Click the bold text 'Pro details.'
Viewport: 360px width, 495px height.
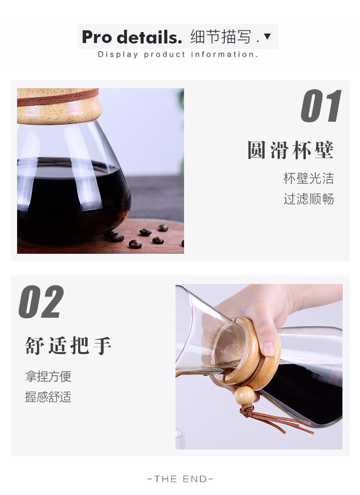coord(132,37)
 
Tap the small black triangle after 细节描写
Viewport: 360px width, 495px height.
coord(267,36)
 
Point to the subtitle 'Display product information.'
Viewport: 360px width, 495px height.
coord(178,54)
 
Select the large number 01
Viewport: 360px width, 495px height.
coord(321,106)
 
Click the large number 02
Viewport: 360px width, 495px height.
coord(41,302)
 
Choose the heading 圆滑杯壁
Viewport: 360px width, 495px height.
coord(290,150)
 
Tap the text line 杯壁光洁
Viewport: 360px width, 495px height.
coord(309,178)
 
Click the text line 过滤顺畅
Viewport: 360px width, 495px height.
coord(309,199)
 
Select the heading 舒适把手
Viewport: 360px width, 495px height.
coord(68,346)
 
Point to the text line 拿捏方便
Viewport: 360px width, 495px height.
coord(48,376)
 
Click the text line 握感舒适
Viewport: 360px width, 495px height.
coord(48,397)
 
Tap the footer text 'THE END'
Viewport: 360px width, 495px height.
coord(180,479)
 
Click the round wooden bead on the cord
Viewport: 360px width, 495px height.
coord(244,395)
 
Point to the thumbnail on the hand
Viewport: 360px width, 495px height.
coord(269,348)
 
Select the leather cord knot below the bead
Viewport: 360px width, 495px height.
coord(247,409)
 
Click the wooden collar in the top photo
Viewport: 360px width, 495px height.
coord(59,106)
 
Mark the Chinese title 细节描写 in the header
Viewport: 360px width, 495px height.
coord(220,36)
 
